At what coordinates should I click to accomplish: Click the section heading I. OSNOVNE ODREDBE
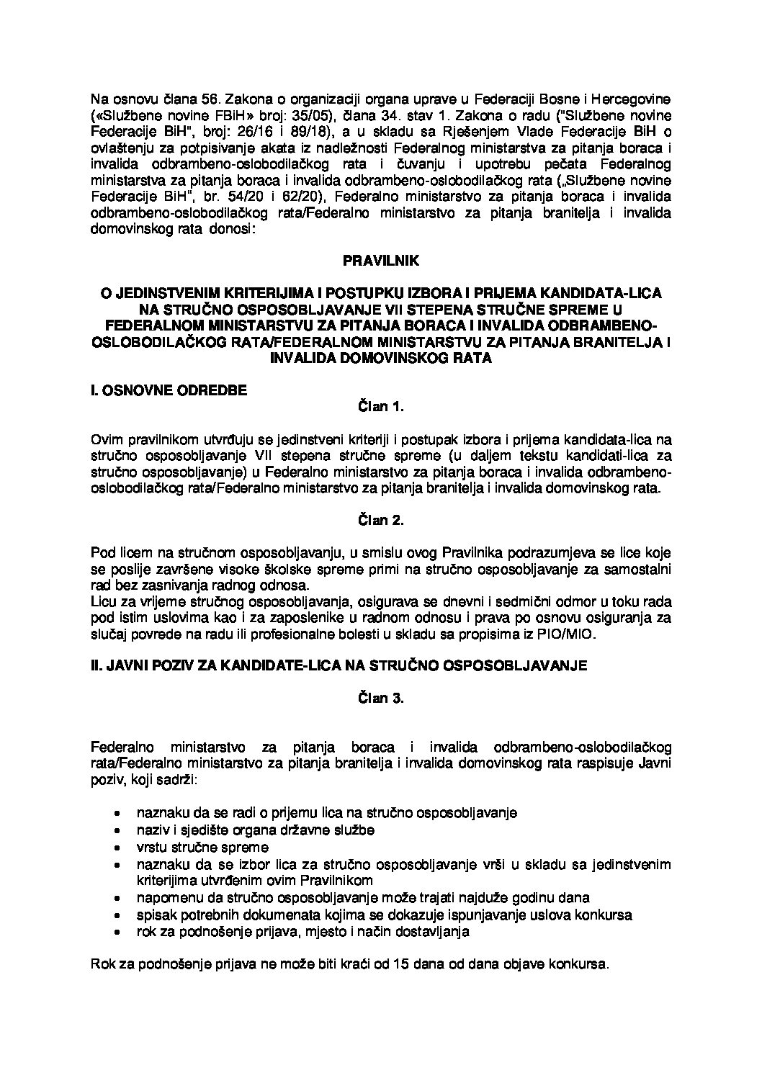click(164, 390)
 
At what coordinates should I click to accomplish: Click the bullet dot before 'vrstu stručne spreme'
click(117, 848)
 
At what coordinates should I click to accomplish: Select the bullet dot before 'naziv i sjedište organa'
click(117, 830)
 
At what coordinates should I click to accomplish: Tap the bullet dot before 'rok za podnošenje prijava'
click(117, 932)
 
